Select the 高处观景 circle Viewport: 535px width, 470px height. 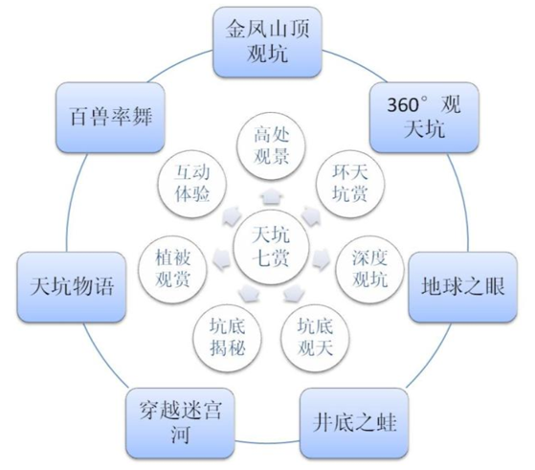(271, 146)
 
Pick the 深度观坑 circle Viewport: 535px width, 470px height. (369, 269)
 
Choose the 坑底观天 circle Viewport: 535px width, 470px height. (315, 338)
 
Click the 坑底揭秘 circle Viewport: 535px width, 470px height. (227, 338)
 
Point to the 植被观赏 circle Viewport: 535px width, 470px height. (172, 269)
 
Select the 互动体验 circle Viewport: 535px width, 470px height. (191, 184)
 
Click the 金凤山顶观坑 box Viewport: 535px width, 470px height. (267, 42)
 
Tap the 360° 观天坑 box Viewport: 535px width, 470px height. (424, 117)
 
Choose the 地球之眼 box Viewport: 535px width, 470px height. (463, 287)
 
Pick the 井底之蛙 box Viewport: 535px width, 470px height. (354, 422)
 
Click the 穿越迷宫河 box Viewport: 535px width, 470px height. (180, 422)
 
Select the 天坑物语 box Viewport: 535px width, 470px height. (72, 287)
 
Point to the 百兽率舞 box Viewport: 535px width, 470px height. (110, 117)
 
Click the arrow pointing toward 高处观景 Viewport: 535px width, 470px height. (271, 196)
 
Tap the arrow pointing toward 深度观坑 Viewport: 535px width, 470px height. (321, 259)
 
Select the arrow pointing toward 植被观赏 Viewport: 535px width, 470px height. (222, 259)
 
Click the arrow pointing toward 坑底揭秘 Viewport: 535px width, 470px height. (249, 293)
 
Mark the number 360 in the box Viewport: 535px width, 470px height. (403, 105)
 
